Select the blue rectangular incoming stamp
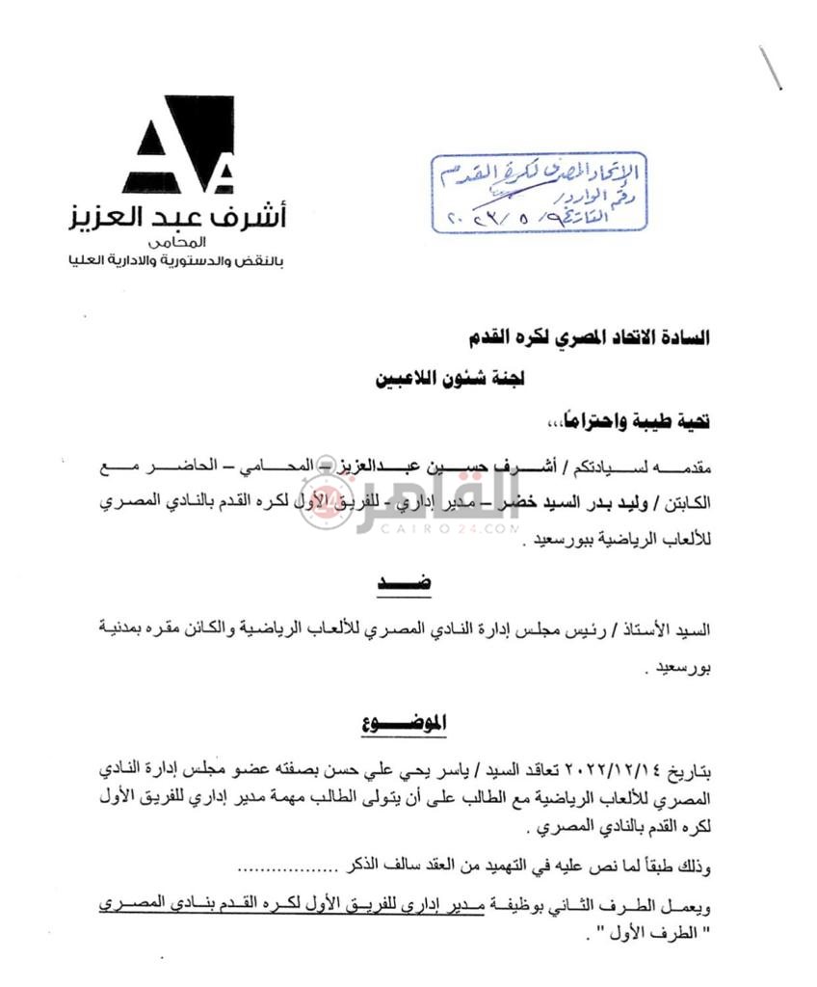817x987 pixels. point(538,193)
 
